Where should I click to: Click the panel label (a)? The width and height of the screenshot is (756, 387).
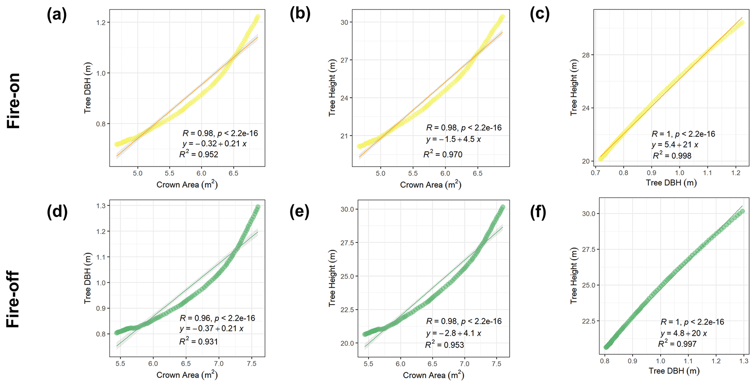(57, 15)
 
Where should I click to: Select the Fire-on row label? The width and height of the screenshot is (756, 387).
(14, 101)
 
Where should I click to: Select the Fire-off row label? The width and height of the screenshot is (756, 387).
(14, 299)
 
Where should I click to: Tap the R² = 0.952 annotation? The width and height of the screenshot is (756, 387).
(199, 154)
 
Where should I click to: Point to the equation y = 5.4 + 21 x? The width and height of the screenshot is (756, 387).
(675, 145)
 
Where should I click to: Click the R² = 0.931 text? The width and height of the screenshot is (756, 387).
(199, 342)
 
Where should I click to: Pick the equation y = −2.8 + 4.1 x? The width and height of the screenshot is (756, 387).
(454, 333)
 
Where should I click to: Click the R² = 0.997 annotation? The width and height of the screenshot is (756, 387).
(677, 344)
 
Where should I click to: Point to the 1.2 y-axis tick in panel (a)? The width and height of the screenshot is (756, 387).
(100, 23)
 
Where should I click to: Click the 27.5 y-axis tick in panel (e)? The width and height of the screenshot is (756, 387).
(345, 243)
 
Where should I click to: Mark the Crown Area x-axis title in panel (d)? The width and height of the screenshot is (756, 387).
(187, 375)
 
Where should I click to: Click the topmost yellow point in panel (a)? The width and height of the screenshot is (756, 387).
(257, 17)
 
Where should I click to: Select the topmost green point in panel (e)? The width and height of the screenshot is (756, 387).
(503, 207)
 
